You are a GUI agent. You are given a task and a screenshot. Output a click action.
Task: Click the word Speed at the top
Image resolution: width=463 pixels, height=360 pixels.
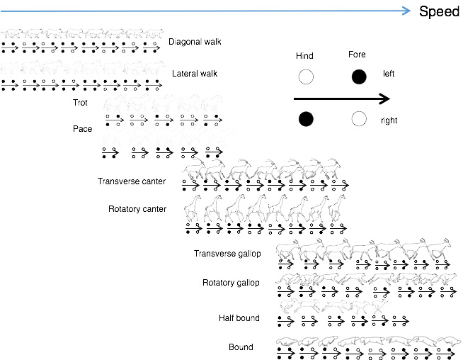pos(440,11)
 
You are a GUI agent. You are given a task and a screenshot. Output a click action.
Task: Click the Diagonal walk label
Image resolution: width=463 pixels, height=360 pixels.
pos(195,42)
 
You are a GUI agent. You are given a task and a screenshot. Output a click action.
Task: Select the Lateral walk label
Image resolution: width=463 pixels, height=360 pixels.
pos(195,74)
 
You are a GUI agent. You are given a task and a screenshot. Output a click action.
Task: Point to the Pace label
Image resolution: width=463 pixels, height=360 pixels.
pos(83,129)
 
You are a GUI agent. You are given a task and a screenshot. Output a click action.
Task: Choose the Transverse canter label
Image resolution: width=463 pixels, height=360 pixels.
pos(132,181)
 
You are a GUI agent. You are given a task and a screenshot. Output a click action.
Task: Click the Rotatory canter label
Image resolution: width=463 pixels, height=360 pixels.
pos(137,209)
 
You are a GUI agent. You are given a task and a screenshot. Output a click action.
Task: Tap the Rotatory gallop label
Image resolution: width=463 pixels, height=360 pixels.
pos(231,283)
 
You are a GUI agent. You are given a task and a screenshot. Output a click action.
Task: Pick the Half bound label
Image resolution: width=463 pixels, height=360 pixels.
pos(239,318)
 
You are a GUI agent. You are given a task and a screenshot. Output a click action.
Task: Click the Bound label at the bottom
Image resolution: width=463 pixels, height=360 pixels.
pos(241,347)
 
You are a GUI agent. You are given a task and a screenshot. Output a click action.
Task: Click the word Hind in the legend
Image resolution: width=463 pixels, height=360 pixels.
pos(305,56)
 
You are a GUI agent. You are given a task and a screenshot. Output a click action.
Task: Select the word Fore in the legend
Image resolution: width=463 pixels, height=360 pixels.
pos(358,55)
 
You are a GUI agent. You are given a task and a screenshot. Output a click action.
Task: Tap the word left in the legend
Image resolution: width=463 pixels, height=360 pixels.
pos(389,73)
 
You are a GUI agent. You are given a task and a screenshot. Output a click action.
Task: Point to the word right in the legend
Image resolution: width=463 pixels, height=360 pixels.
pos(389,120)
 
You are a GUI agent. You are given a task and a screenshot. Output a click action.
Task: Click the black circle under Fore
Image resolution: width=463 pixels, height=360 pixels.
pos(359,77)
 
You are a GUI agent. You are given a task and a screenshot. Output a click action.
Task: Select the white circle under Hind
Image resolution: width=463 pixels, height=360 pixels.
pos(305,77)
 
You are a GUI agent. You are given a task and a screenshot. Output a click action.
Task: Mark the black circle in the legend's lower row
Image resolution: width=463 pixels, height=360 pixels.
pos(305,119)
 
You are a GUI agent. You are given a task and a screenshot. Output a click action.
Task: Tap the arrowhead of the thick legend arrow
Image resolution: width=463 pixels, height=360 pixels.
pos(384,99)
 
